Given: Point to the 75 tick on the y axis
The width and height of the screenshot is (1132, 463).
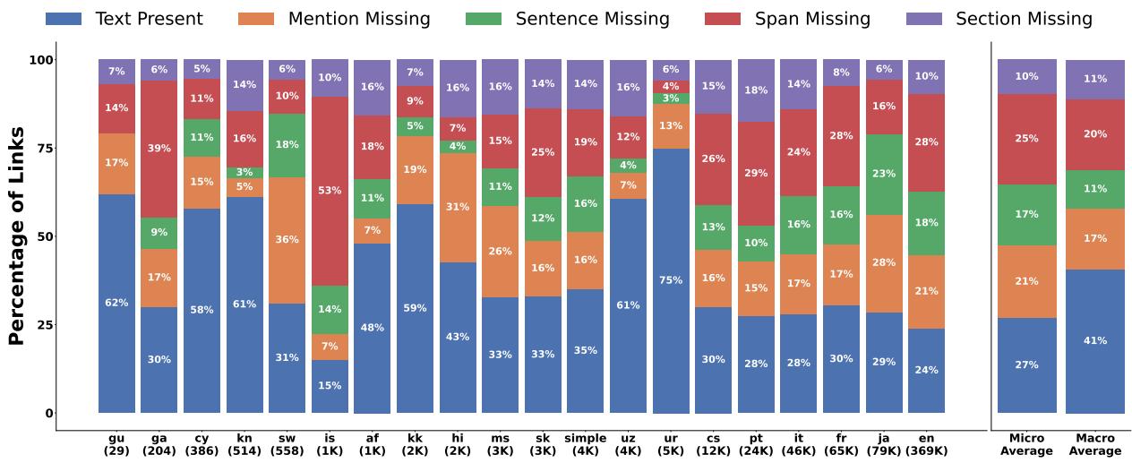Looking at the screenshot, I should point(44,148).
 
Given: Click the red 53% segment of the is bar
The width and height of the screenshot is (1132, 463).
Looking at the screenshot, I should point(330,191).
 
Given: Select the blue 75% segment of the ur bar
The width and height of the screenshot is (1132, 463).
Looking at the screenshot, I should point(671,280).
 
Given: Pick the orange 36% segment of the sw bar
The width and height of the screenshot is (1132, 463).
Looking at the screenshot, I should point(287,240).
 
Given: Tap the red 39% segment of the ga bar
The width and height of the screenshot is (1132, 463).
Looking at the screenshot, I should point(159,149).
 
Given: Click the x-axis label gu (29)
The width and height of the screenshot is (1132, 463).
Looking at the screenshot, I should point(116,444).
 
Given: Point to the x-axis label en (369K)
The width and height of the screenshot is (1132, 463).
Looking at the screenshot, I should point(926,444).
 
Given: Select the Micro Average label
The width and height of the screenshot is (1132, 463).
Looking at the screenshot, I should point(1026,444).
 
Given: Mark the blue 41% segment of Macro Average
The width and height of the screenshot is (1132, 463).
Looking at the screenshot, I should point(1095,340).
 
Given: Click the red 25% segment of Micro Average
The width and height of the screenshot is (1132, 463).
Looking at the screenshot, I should point(1026,139).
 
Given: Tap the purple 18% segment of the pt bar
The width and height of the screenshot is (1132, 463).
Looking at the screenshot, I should point(756,90).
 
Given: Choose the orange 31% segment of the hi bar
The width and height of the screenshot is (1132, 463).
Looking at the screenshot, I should point(458,208).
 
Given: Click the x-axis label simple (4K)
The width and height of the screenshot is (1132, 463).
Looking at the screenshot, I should point(586,444).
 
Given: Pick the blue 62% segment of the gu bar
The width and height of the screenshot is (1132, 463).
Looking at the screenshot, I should point(116,303).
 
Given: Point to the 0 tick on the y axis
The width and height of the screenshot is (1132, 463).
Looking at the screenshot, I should point(48,413).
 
